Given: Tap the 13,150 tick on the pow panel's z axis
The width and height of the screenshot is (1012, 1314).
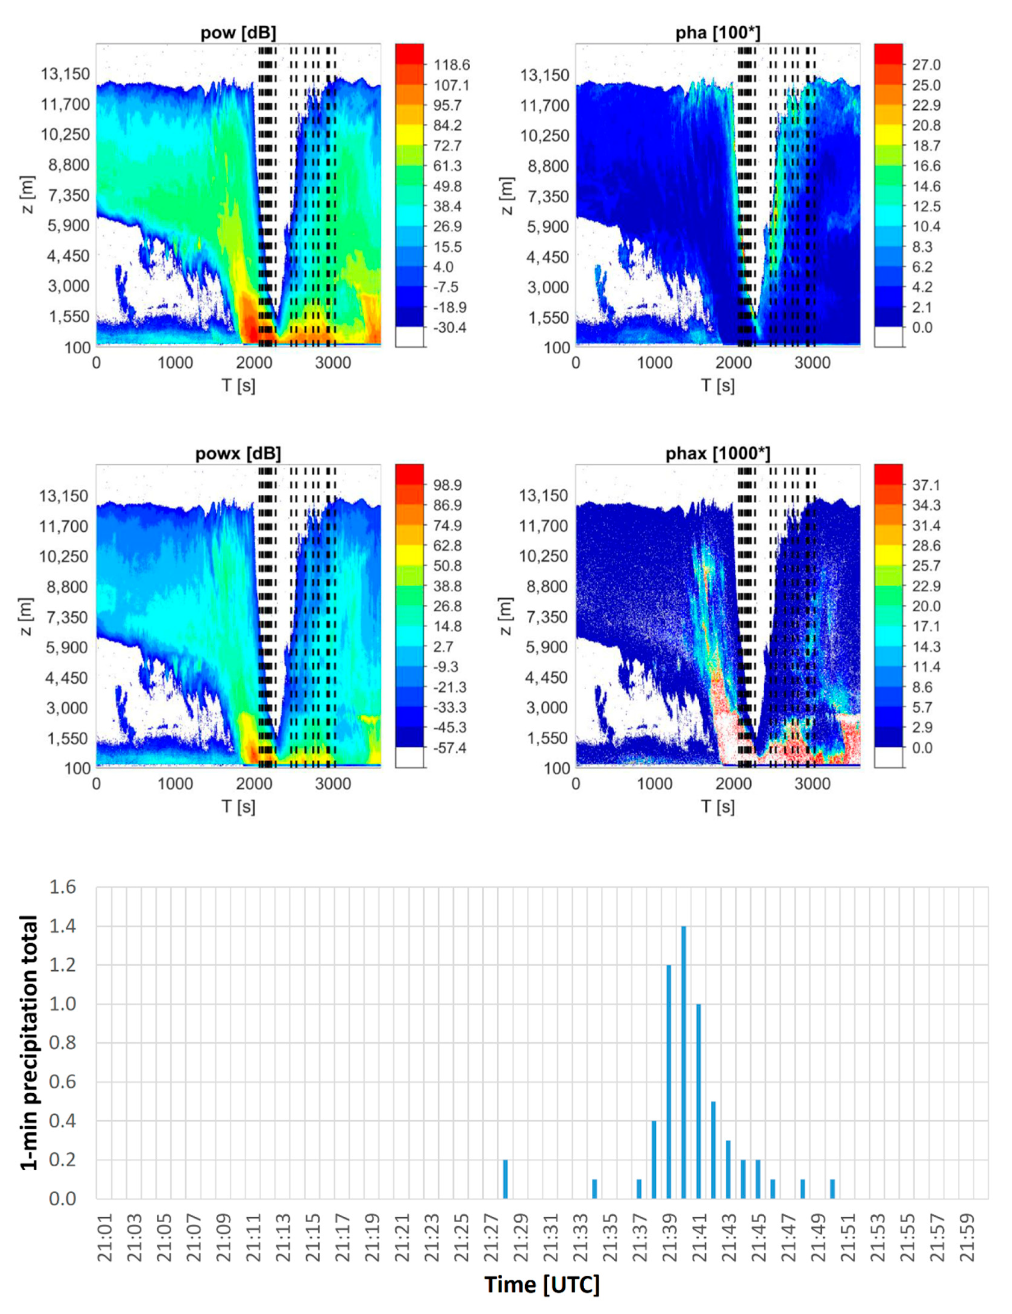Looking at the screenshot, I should (65, 74).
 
